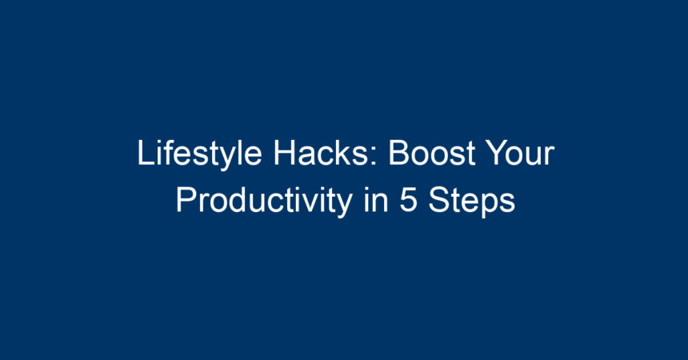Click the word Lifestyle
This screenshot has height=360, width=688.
pyautogui.click(x=200, y=154)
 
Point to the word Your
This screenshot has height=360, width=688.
pyautogui.click(x=521, y=153)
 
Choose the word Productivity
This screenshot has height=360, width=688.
pyautogui.click(x=264, y=201)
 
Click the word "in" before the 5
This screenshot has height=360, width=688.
pyautogui.click(x=376, y=200)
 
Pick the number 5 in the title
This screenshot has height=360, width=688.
pyautogui.click(x=408, y=201)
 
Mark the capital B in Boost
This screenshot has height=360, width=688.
pyautogui.click(x=400, y=153)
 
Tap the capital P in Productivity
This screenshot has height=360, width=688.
pyautogui.click(x=187, y=200)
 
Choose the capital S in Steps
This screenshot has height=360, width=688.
pyautogui.click(x=439, y=201)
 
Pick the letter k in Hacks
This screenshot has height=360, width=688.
pyautogui.click(x=346, y=153)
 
